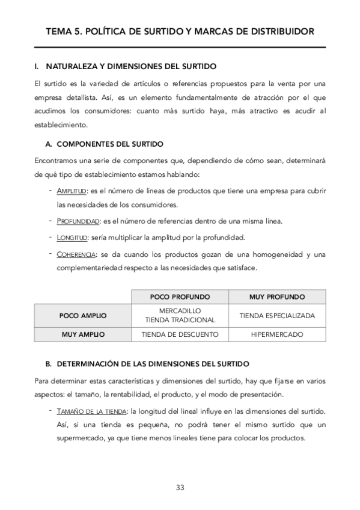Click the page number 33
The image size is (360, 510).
[x=180, y=487]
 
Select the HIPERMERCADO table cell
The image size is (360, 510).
[x=277, y=334]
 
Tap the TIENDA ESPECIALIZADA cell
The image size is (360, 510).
[x=277, y=315]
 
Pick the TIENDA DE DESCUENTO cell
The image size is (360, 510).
[x=180, y=334]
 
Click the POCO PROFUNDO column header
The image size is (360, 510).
[x=180, y=297]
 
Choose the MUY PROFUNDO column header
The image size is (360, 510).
[x=277, y=297]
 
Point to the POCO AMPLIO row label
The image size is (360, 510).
[x=83, y=315]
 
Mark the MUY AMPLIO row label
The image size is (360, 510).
[x=83, y=334]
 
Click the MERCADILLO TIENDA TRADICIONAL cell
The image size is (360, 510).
[x=180, y=315]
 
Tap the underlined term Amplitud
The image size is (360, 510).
[x=72, y=191]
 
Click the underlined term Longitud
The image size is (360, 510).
[x=72, y=237]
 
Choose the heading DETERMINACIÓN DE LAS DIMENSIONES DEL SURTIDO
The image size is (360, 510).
[x=147, y=364]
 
